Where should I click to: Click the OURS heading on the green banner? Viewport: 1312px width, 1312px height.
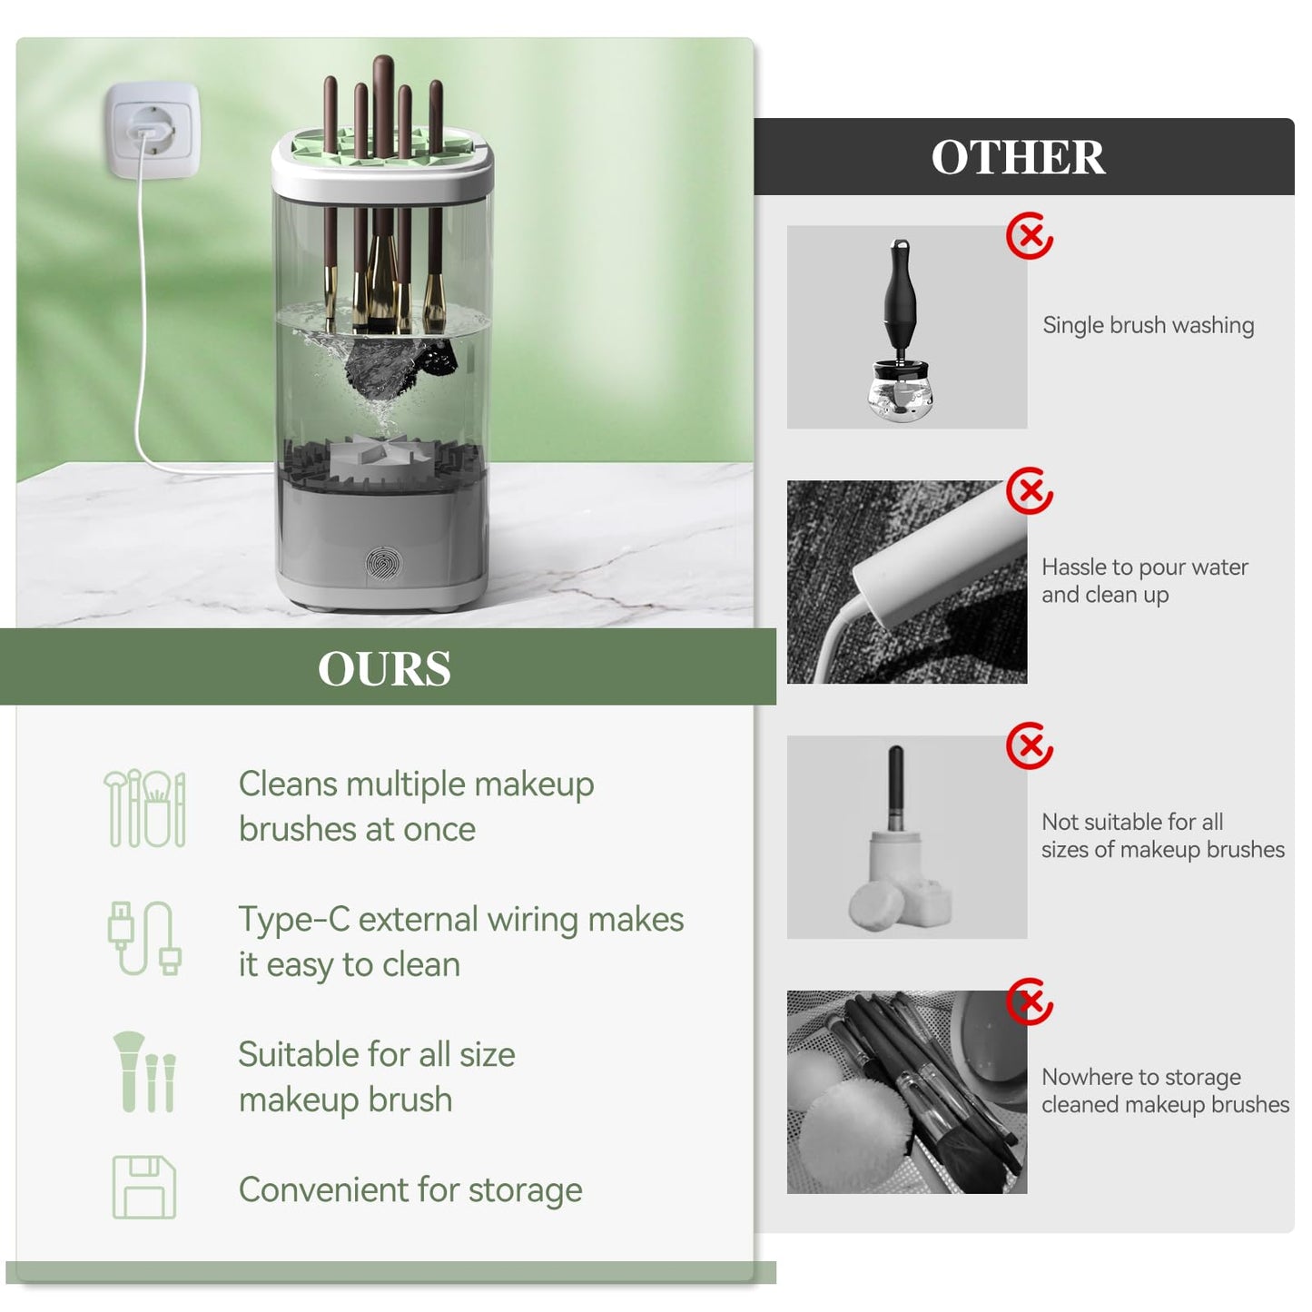[384, 668]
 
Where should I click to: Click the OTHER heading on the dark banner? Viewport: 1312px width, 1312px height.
[1018, 157]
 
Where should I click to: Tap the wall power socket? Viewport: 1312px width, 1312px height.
[153, 132]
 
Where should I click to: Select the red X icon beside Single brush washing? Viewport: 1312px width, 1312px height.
[1030, 235]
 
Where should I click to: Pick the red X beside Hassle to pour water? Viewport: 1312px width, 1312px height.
[1030, 490]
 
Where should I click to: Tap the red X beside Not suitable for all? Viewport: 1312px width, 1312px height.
[1030, 745]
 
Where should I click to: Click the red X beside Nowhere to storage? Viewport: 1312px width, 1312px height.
[1030, 1001]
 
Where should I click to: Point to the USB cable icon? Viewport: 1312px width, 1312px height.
[144, 938]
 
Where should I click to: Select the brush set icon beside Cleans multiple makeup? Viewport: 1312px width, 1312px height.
[144, 808]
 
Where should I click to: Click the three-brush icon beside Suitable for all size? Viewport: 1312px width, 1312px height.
[144, 1072]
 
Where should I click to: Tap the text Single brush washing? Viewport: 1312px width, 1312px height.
[1148, 325]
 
